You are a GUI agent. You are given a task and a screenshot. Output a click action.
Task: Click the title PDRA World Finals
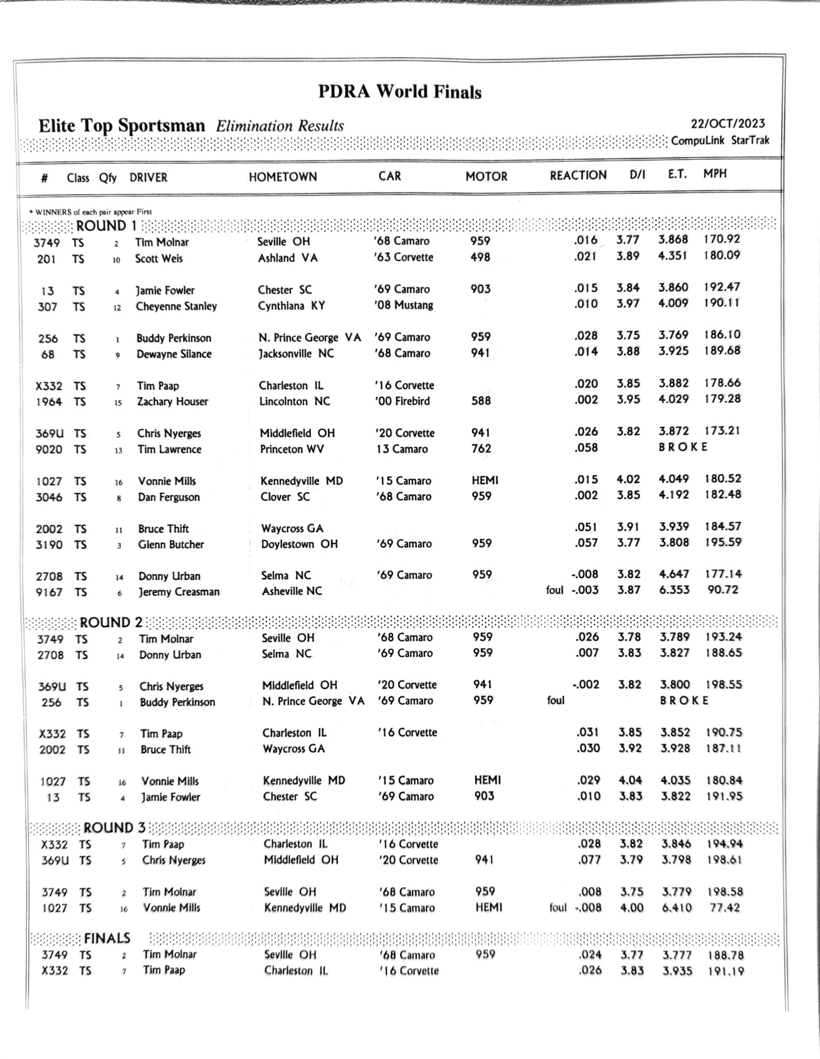[x=400, y=92]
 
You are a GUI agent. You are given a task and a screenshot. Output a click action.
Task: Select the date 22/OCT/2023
[x=728, y=124]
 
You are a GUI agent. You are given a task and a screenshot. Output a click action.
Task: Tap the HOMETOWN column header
[x=283, y=177]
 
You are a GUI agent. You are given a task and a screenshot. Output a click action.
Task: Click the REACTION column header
[x=578, y=175]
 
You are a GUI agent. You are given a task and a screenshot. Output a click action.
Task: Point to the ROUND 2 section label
[x=110, y=622]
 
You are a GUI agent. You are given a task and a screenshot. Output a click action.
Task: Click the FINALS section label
[x=107, y=938]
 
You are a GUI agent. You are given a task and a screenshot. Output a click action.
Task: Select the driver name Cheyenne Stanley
[x=176, y=306]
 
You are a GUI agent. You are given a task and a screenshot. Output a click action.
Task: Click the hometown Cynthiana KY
[x=292, y=306]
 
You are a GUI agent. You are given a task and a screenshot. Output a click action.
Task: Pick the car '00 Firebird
[x=402, y=401]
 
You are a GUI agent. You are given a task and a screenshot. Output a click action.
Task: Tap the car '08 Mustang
[x=403, y=305]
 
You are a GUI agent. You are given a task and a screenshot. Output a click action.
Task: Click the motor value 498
[x=480, y=257]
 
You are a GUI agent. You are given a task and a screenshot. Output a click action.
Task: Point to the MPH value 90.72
[x=722, y=589]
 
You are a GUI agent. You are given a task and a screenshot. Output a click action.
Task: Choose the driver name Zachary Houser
[x=172, y=401]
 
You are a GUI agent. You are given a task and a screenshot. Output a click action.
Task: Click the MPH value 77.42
[x=725, y=907]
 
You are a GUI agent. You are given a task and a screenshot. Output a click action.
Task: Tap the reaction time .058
[x=586, y=448]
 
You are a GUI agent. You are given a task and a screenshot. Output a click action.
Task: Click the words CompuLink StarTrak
[x=720, y=140]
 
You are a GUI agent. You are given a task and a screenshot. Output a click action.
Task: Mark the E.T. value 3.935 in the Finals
[x=677, y=971]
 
